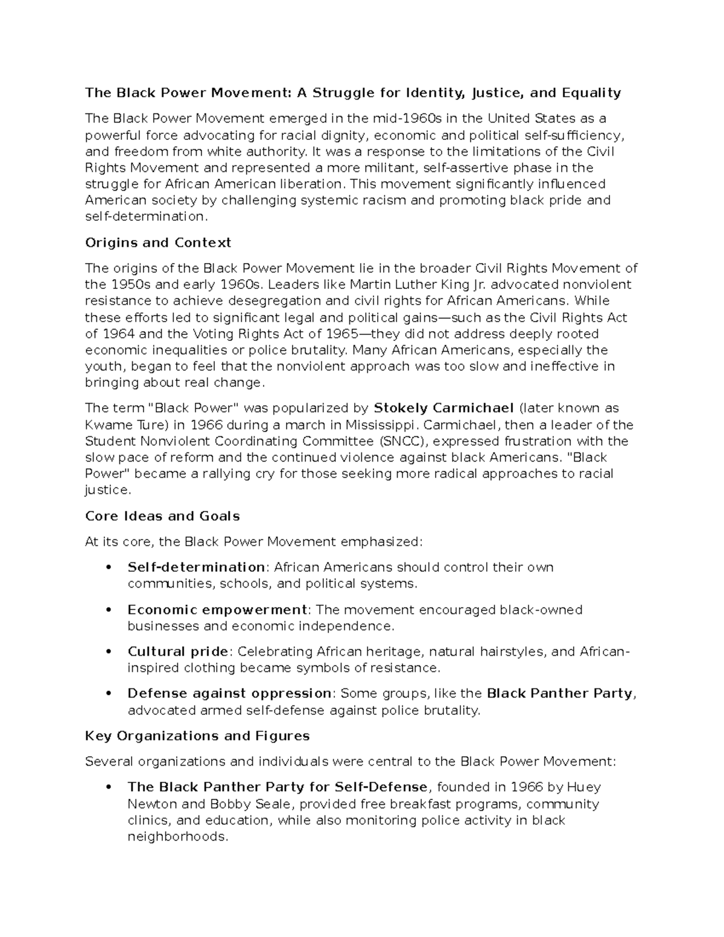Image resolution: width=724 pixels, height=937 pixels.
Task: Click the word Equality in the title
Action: pos(591,92)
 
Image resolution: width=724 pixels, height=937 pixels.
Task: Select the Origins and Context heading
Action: pos(158,243)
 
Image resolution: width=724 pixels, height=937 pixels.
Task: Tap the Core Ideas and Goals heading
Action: pos(162,516)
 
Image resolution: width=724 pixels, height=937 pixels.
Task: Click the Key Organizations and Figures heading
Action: pos(197,735)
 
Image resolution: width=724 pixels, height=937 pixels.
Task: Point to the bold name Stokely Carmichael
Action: pos(444,408)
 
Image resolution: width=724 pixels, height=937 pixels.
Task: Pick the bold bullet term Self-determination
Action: pos(196,567)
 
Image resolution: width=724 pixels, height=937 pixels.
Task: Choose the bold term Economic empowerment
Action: pos(217,609)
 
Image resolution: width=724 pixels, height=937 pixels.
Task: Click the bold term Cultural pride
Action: pos(178,652)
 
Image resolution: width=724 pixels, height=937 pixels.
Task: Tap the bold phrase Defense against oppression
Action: pos(229,693)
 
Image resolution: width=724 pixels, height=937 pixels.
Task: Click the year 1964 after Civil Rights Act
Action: pos(118,334)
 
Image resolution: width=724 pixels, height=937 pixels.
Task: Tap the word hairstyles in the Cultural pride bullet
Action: pos(513,652)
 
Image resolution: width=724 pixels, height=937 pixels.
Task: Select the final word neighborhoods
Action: pos(177,837)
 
